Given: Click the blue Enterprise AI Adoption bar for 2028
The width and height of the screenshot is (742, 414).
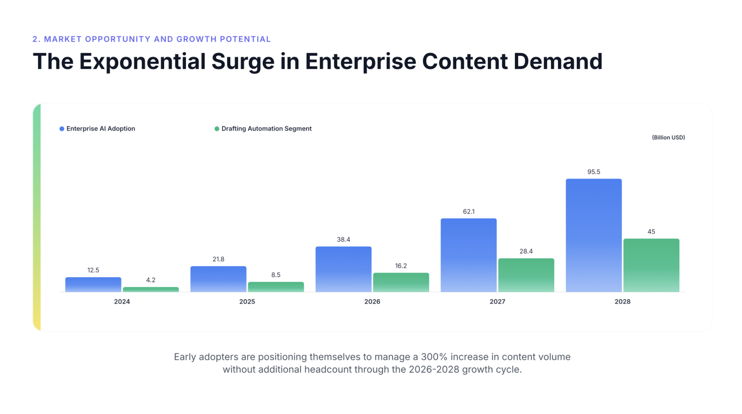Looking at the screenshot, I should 594,235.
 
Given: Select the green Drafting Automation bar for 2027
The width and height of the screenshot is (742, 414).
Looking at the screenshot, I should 526,275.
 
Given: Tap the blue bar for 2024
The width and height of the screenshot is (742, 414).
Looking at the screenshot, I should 93,285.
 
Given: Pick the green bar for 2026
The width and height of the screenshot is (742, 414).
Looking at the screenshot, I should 401,282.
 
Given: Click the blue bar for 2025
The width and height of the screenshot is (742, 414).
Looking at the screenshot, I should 219,279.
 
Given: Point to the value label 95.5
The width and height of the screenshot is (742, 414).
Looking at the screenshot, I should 594,172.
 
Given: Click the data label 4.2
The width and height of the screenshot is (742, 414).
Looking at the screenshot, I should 151,280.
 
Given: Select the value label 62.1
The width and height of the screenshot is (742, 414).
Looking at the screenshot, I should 468,212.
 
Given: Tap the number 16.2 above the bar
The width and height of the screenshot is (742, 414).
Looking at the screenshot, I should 401,266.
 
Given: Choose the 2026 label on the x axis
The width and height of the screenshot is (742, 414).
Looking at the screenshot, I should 372,302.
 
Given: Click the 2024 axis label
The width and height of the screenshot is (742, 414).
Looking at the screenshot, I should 122,302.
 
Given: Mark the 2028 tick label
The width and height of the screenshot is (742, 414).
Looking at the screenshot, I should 622,302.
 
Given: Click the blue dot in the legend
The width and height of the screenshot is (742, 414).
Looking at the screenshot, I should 62,129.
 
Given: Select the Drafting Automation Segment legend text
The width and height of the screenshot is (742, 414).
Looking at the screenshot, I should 266,129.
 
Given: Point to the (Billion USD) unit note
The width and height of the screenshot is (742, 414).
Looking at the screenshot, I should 668,138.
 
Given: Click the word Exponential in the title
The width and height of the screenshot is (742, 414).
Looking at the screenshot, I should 142,61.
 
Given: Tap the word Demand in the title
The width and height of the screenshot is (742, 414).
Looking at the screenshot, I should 558,61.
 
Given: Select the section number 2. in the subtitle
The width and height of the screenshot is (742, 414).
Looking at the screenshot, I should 37,39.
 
